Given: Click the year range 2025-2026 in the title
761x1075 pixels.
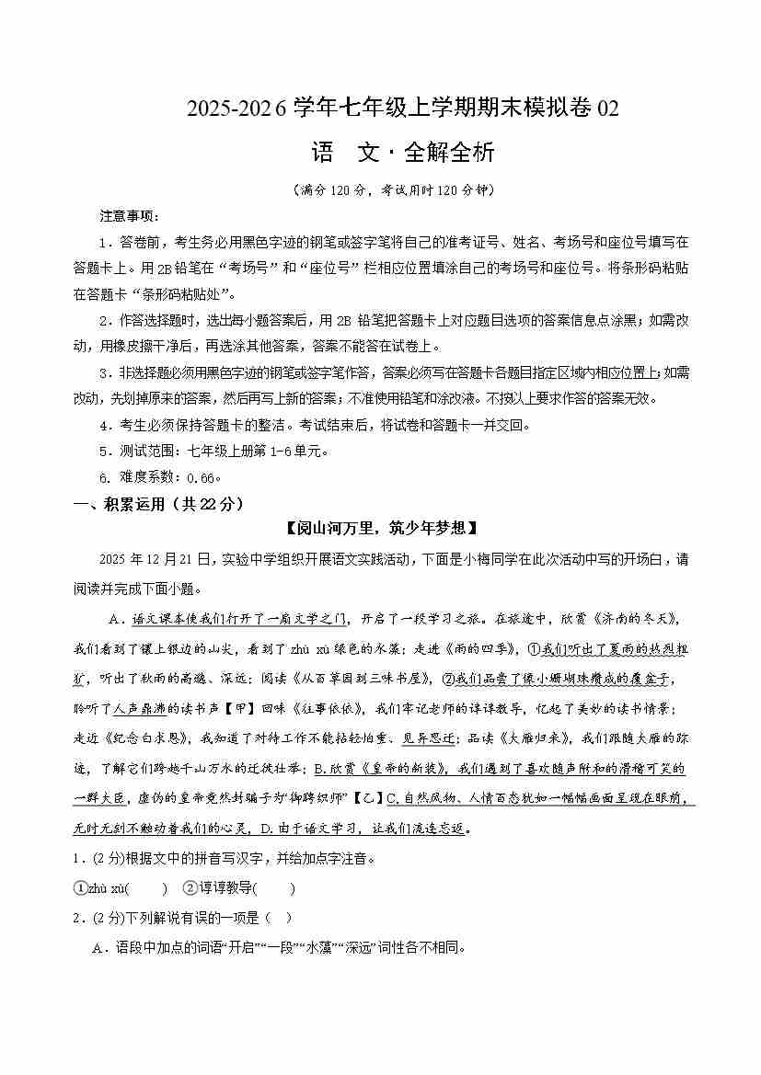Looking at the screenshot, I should point(237,109).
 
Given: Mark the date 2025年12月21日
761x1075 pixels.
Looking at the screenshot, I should point(155,559).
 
